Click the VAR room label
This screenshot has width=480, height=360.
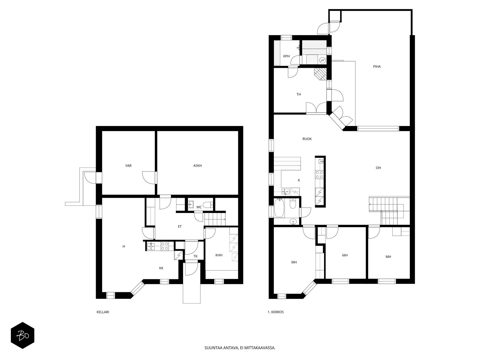pos(128,166)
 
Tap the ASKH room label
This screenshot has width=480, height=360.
pos(197,166)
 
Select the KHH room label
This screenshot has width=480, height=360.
pos(219,255)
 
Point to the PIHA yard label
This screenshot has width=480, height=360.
pos(377,66)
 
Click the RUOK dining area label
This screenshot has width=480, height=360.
pos(307,139)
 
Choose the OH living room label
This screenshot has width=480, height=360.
pos(378,168)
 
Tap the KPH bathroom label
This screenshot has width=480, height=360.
pos(286,56)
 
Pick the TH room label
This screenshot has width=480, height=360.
pos(298,94)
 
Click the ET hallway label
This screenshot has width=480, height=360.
pos(179,226)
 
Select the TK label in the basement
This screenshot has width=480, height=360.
pos(196,256)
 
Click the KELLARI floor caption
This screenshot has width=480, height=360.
pos(103,312)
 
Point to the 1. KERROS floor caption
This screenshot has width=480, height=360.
pos(275,312)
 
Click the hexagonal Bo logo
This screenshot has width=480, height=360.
pos(22,335)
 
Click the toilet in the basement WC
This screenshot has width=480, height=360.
pos(208,205)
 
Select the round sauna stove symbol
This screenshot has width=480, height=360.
pos(322,60)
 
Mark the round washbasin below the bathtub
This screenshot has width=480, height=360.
pos(293,222)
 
